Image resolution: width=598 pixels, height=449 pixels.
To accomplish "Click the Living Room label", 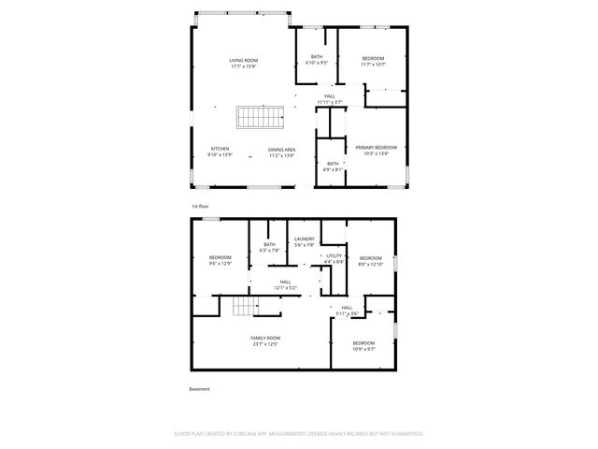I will click(243, 64).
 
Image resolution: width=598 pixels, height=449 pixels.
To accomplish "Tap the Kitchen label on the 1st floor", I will click(220, 152).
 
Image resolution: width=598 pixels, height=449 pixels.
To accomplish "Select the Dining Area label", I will click(281, 152).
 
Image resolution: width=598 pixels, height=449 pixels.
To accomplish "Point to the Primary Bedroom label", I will click(376, 150).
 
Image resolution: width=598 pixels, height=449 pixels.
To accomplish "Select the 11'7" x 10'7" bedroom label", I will click(373, 61).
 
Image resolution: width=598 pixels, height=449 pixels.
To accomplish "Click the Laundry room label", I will click(305, 242).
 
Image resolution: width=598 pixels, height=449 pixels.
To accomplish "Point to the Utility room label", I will click(334, 258).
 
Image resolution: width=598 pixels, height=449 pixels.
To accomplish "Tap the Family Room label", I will click(264, 340).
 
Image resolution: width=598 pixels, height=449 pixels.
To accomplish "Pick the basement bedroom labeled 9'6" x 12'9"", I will click(221, 260).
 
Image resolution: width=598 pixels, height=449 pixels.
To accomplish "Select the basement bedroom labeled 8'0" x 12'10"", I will click(371, 261).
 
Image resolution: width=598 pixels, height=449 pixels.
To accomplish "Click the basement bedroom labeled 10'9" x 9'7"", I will click(363, 345).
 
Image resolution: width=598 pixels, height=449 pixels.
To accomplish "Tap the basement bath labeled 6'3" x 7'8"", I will click(269, 248).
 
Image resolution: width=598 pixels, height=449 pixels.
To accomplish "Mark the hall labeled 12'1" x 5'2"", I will click(285, 284).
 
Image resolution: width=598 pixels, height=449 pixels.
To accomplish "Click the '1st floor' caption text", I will click(200, 205).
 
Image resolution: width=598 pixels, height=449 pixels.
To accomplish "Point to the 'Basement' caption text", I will click(200, 388).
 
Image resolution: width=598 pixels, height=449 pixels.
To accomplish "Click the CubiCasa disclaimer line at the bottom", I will click(299, 433).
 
